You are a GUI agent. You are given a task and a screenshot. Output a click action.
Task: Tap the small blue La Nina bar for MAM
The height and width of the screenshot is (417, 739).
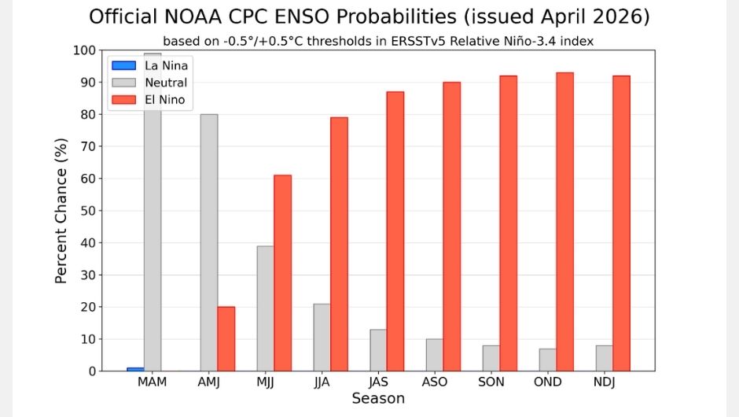[x=135, y=368]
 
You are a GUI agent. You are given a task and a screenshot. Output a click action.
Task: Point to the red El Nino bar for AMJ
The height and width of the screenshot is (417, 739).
[x=226, y=338]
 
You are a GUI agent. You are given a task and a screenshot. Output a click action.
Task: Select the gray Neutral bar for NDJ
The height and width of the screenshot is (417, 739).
[x=604, y=358]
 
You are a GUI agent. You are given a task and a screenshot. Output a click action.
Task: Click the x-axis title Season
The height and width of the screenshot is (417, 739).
[x=377, y=399]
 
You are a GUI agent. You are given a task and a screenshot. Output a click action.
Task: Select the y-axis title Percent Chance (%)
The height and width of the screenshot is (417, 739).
[x=61, y=211]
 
